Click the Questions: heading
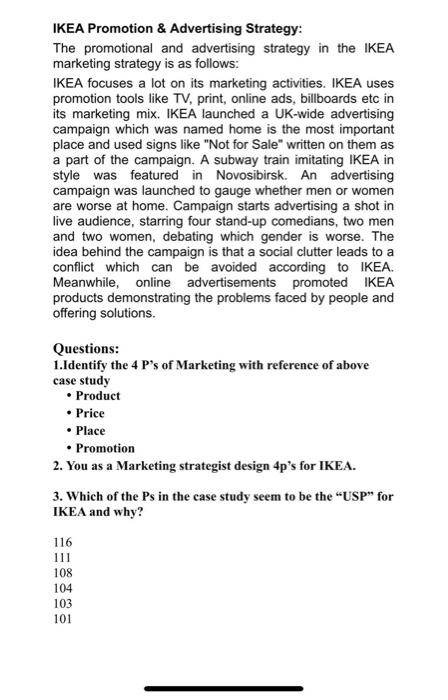(x=88, y=350)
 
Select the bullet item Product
(x=99, y=395)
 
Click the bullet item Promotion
(x=105, y=448)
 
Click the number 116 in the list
(x=62, y=541)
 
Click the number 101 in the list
(x=62, y=618)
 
